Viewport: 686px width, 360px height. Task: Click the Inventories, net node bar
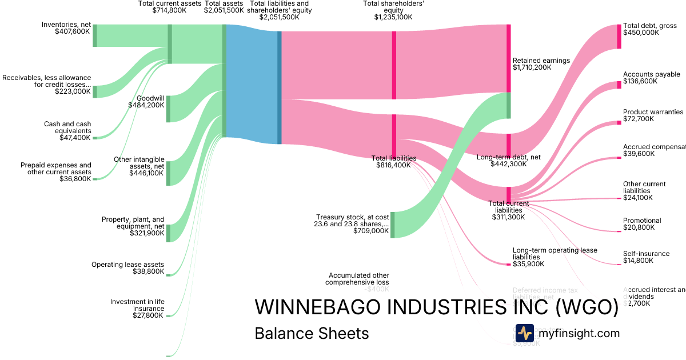tap(95, 35)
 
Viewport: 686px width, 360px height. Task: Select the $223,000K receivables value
tap(73, 91)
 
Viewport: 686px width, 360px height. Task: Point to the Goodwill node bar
tap(168, 109)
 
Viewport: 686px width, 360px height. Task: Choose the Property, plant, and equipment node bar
tap(168, 233)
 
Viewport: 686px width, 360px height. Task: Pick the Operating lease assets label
tap(127, 265)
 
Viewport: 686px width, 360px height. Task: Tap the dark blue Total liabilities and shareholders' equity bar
tap(280, 87)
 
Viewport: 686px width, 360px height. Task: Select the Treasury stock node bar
tap(393, 224)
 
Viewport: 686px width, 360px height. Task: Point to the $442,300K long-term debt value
tap(509, 164)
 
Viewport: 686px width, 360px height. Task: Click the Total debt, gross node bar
tap(619, 36)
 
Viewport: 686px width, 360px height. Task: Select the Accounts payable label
tap(652, 74)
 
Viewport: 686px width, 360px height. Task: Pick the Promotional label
tap(642, 221)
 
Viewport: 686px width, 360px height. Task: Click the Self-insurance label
tap(646, 254)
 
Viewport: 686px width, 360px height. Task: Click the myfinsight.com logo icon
tap(524, 333)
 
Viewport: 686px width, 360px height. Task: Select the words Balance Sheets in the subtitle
tap(312, 333)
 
